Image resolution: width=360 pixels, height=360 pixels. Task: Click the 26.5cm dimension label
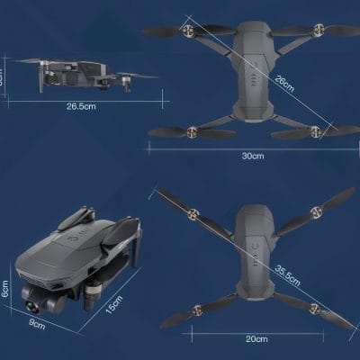pyautogui.click(x=81, y=105)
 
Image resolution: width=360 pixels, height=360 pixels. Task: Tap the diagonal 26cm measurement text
pyautogui.click(x=284, y=85)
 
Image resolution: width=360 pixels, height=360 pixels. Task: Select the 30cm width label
pyautogui.click(x=253, y=157)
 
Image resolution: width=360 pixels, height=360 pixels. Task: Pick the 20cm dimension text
pyautogui.click(x=256, y=338)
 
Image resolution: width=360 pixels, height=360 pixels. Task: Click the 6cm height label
pyautogui.click(x=5, y=292)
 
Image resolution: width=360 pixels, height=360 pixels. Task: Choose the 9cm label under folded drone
pyautogui.click(x=37, y=323)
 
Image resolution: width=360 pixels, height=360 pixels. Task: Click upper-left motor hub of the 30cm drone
pyautogui.click(x=190, y=30)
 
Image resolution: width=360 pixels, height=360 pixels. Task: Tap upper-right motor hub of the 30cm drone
pyautogui.click(x=316, y=30)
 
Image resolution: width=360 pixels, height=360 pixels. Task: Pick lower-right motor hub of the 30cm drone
pyautogui.click(x=316, y=130)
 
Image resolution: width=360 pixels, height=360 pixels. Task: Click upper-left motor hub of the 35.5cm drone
pyautogui.click(x=191, y=215)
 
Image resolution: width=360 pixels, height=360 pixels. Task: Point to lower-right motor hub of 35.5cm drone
pyautogui.click(x=315, y=308)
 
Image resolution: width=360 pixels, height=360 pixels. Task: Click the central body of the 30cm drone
pyautogui.click(x=253, y=76)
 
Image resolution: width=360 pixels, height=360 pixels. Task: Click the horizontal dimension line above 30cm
pyautogui.click(x=253, y=146)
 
